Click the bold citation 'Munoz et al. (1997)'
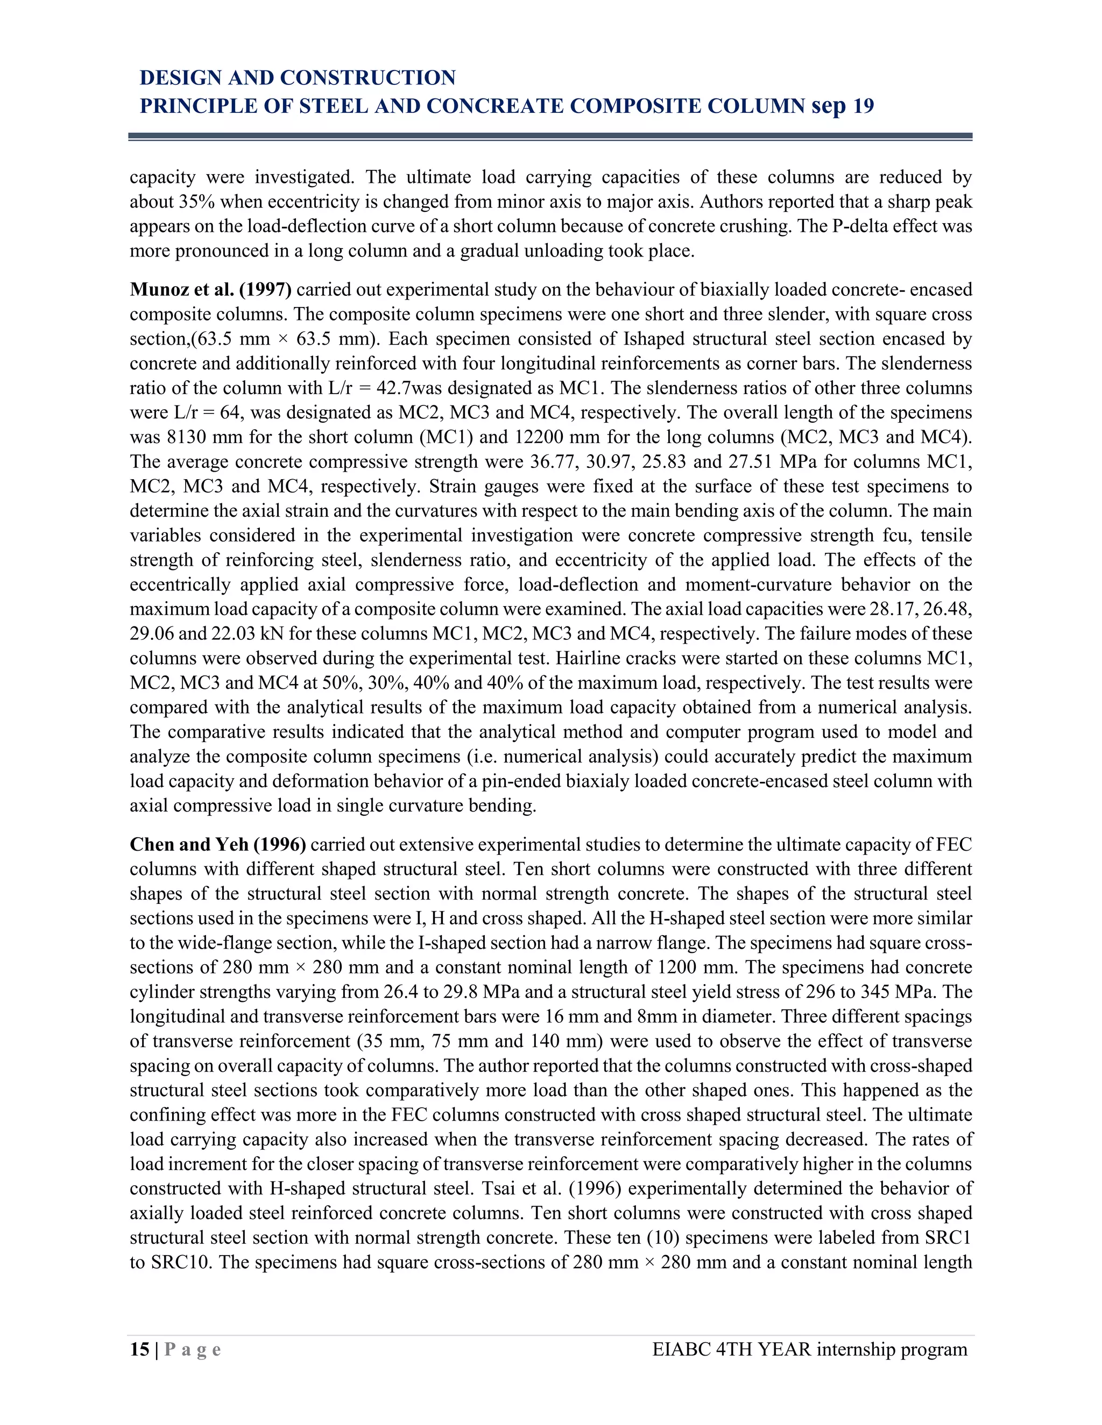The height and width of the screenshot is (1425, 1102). pos(210,290)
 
